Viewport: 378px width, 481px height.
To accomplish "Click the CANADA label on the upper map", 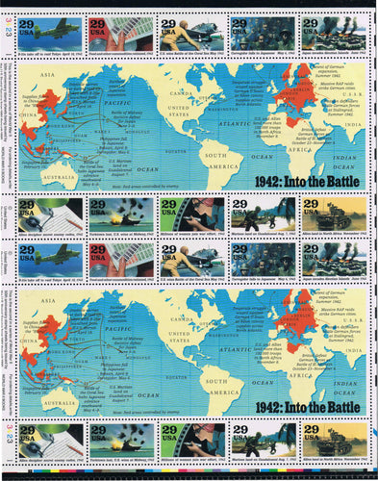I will click(174, 81).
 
